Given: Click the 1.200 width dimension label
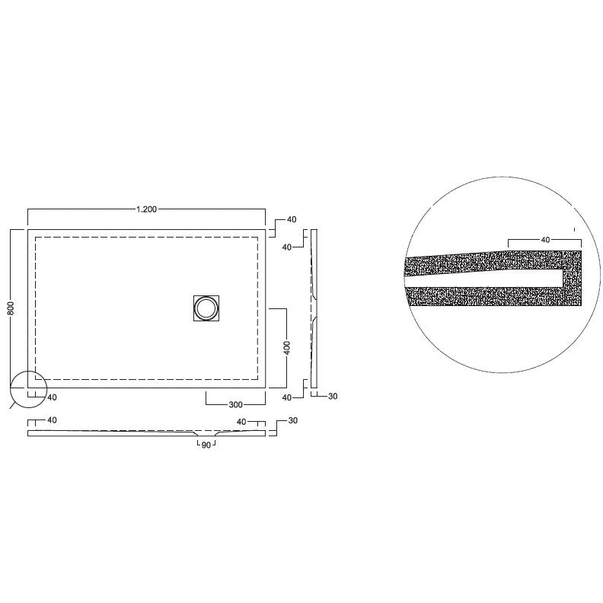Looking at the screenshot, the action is pyautogui.click(x=146, y=209).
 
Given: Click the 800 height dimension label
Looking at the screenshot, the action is pyautogui.click(x=11, y=308).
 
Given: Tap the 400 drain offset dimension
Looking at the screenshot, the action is pyautogui.click(x=286, y=348).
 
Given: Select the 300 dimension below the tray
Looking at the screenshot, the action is pyautogui.click(x=235, y=404).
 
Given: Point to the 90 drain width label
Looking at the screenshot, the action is pyautogui.click(x=206, y=445).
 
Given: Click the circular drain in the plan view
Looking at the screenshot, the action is pyautogui.click(x=206, y=308).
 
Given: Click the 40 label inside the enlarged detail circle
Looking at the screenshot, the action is pyautogui.click(x=545, y=240).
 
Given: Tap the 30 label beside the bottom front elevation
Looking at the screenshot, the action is pyautogui.click(x=292, y=421).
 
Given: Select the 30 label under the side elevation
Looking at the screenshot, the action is pyautogui.click(x=333, y=397).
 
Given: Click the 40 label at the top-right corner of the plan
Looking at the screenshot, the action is pyautogui.click(x=292, y=219).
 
